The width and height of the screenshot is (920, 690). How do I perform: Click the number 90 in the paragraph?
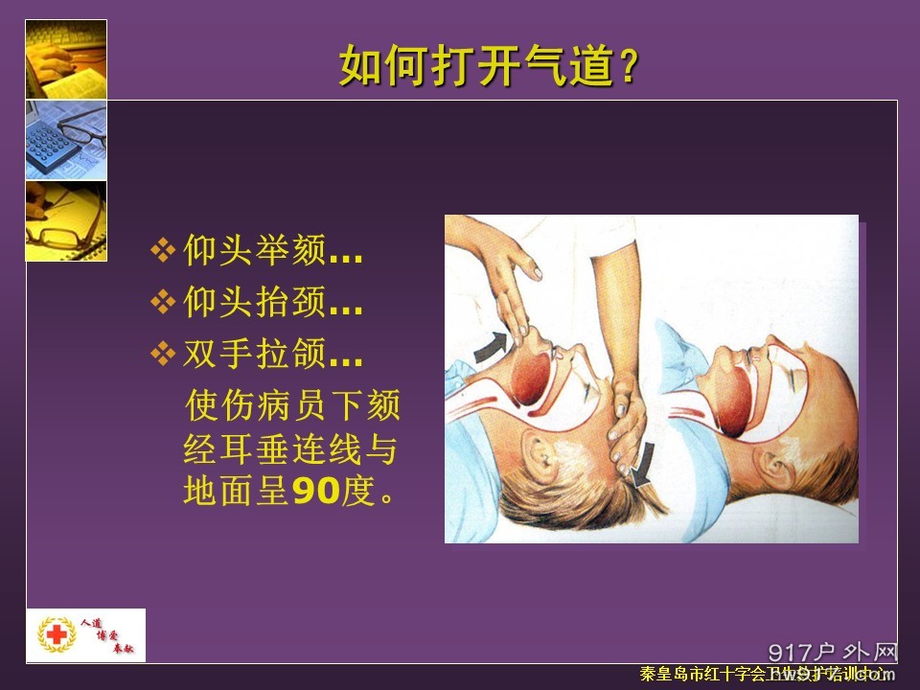pyautogui.click(x=316, y=492)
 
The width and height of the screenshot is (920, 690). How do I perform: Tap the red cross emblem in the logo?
pyautogui.click(x=57, y=634)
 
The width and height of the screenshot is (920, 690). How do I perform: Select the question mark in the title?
pyautogui.click(x=628, y=68)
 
